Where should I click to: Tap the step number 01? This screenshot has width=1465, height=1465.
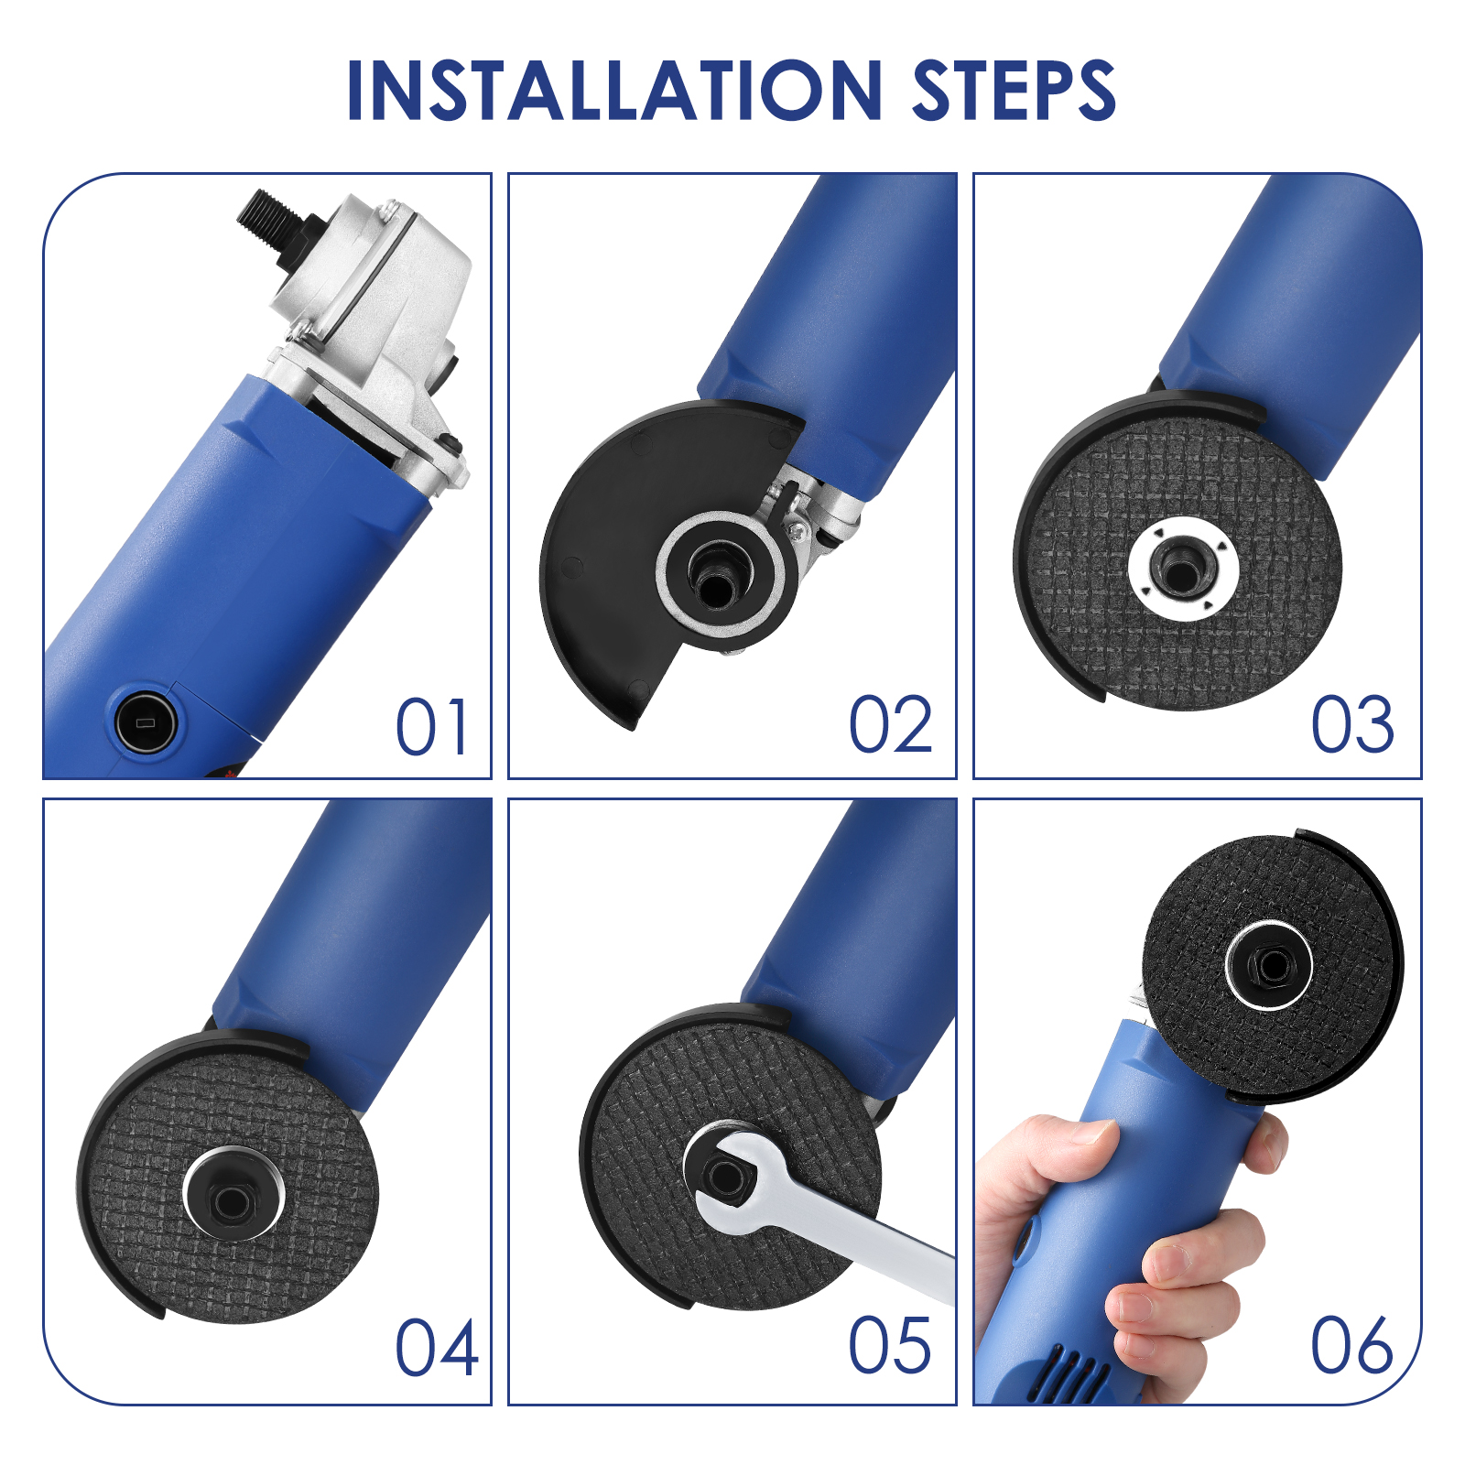432,727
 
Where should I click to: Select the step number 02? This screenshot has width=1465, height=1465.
890,725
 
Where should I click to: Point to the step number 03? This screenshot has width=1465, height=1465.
1352,725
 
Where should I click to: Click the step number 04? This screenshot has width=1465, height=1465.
437,1348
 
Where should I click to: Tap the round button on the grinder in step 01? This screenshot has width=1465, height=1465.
146,722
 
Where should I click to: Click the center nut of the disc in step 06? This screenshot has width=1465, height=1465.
1269,965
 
